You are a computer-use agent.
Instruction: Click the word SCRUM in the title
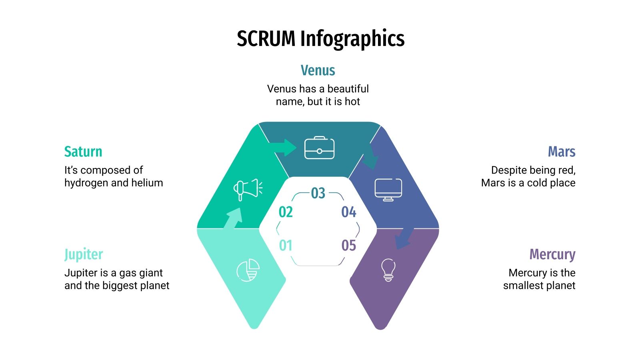(x=266, y=39)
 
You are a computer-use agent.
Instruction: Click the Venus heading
(x=318, y=70)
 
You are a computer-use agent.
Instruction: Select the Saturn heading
(x=83, y=152)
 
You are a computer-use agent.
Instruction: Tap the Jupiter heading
(x=84, y=254)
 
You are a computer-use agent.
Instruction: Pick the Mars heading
(x=561, y=152)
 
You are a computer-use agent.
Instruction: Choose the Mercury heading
(x=552, y=254)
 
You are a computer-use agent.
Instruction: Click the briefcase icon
(x=319, y=148)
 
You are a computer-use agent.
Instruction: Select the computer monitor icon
(x=388, y=189)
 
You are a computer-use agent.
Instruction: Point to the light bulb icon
(x=388, y=270)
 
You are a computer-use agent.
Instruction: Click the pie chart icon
(x=248, y=270)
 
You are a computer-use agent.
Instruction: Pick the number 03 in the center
(x=318, y=193)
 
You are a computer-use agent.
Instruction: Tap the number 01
(x=286, y=245)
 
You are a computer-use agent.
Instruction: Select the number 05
(x=349, y=245)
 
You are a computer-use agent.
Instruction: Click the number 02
(x=286, y=212)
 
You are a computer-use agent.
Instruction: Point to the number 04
(x=349, y=212)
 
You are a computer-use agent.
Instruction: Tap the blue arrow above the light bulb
(x=404, y=238)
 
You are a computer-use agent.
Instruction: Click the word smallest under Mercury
(x=525, y=286)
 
